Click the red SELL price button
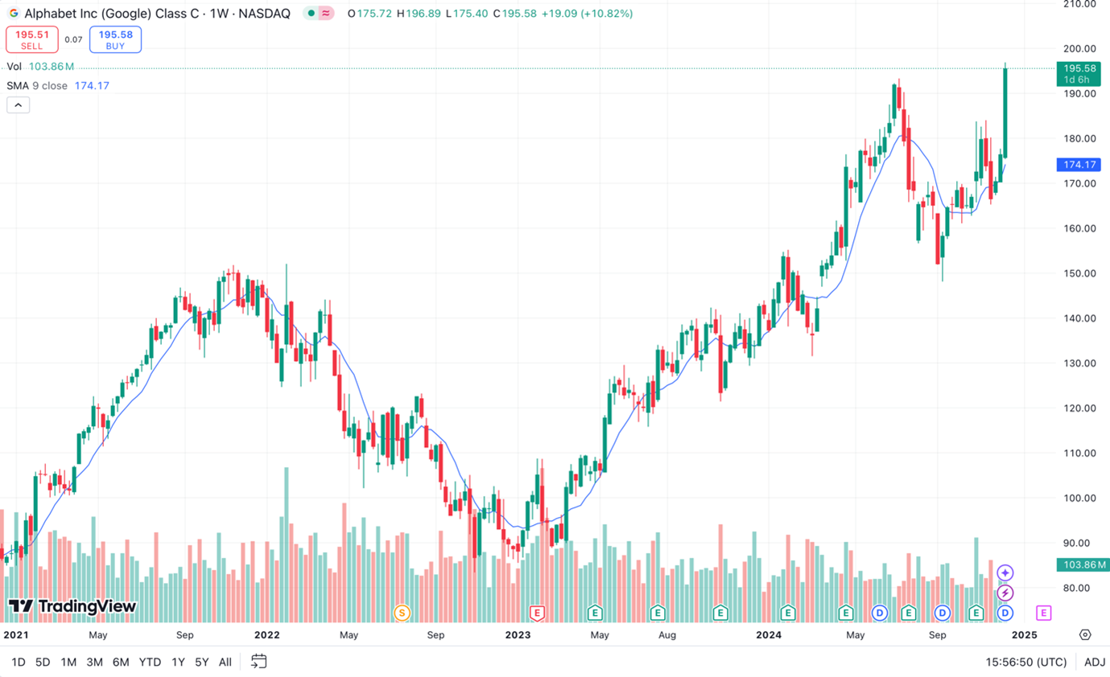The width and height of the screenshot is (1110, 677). pos(32,39)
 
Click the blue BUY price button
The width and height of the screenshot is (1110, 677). pos(116,39)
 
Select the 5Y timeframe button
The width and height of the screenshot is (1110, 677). pos(202,662)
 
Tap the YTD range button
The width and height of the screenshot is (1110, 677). pos(150,662)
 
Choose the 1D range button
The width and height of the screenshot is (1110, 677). pos(18,662)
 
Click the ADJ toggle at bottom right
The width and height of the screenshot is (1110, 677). pos(1094,662)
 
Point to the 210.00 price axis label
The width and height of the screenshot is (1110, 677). pos(1080,4)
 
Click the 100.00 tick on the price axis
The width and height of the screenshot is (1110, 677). pos(1080,498)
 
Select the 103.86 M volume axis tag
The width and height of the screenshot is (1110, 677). pos(1080,564)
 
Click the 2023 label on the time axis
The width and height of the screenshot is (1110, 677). pos(518,634)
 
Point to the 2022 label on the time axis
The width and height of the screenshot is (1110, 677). pos(266,634)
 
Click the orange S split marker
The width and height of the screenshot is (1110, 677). pos(402,613)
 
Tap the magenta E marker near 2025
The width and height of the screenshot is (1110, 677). pos(1043,613)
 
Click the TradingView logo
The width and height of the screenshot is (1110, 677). pos(72,607)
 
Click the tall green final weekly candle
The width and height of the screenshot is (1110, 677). pos(1005,113)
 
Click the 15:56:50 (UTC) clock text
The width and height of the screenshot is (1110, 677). pos(1026,662)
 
